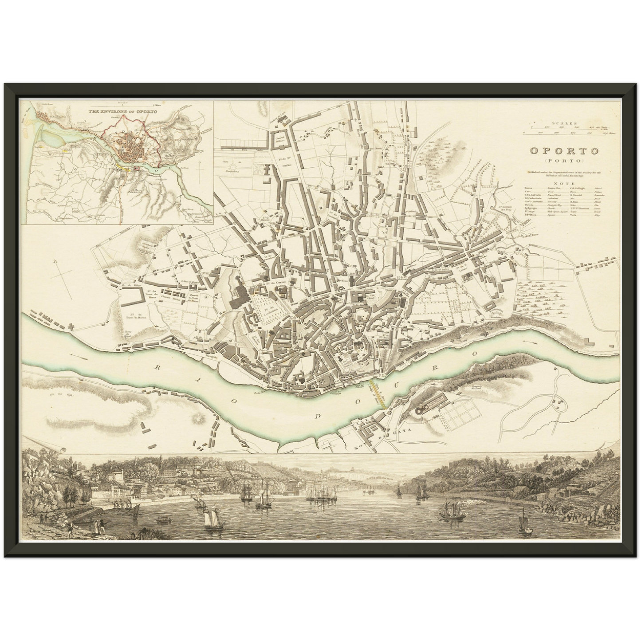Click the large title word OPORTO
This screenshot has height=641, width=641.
[564, 150]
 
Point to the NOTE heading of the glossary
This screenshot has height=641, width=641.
[561, 182]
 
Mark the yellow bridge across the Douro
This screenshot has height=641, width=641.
[376, 383]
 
